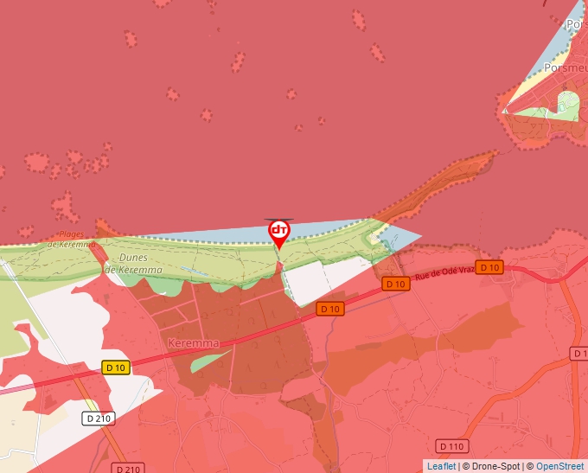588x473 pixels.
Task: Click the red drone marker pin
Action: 279,233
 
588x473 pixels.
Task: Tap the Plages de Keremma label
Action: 73,240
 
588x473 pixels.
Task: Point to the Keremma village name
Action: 193,342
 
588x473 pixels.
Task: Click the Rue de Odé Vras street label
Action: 445,274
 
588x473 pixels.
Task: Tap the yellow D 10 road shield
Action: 115,368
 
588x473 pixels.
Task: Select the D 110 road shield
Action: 451,446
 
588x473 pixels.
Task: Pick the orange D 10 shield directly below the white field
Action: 330,309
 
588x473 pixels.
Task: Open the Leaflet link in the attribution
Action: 441,466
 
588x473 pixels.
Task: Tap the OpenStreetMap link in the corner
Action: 561,466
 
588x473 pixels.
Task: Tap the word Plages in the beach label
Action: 73,234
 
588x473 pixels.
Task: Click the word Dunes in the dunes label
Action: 132,258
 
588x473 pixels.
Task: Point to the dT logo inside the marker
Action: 279,230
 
